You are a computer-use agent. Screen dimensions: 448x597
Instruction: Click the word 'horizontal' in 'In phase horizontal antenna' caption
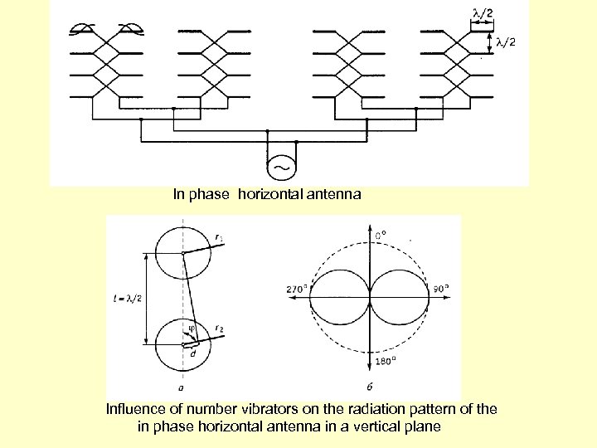pos(269,195)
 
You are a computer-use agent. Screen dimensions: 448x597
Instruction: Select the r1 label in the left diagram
pos(218,237)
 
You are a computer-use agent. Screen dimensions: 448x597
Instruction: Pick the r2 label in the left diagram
pos(219,329)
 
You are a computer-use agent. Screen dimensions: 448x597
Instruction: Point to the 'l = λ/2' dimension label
pos(125,299)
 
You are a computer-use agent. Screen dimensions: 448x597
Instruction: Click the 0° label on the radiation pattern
pos(381,235)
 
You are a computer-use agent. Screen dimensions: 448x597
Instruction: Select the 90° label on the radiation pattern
pos(439,289)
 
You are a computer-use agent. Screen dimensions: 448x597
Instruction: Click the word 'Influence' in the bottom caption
pos(133,409)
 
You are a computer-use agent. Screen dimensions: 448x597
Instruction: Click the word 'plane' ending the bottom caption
pos(425,426)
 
